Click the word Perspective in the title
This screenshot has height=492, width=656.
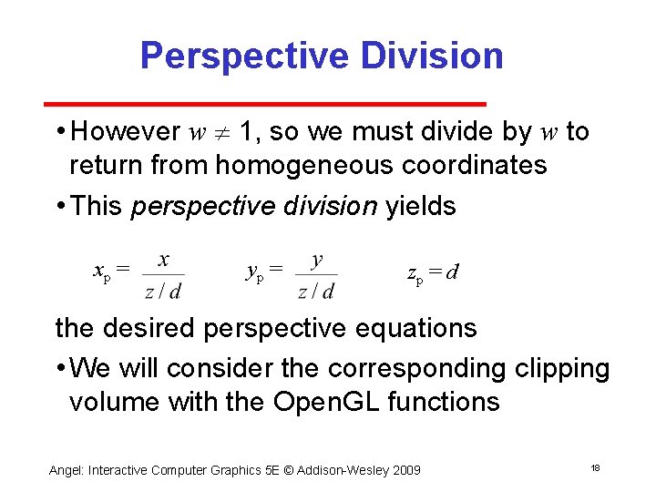pos(244,56)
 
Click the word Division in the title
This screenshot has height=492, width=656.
pos(431,56)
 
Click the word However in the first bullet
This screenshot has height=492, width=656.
pos(125,132)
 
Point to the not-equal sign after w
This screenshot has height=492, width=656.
pos(221,133)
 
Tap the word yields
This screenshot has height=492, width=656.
pos(421,206)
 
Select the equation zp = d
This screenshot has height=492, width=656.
pos(432,272)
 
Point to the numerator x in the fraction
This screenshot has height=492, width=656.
pos(163,260)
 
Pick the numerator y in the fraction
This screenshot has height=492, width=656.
pos(316,260)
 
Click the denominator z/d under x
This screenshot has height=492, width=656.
pos(163,291)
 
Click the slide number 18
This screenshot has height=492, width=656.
pos(595,467)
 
